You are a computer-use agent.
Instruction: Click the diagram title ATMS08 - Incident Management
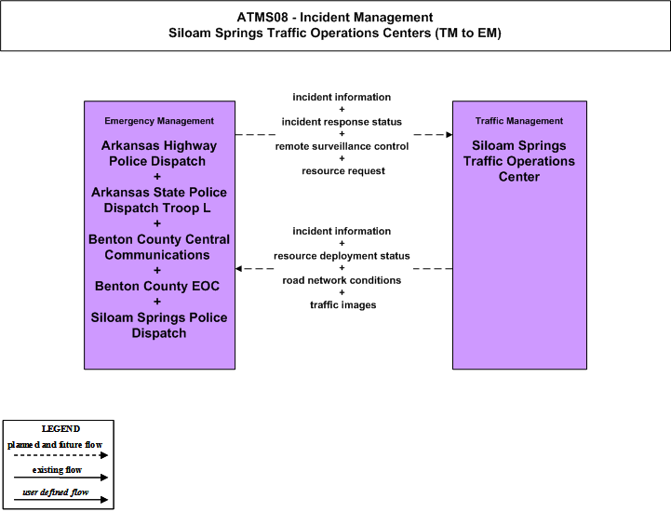[x=335, y=18]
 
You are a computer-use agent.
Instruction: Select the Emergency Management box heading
[x=159, y=121]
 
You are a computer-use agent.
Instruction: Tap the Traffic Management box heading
[x=519, y=121]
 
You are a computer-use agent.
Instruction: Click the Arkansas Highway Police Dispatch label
[x=158, y=154]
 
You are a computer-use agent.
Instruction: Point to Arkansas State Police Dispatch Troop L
[x=159, y=200]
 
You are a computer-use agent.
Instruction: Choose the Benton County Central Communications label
[x=159, y=247]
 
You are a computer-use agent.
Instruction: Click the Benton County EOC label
[x=157, y=286]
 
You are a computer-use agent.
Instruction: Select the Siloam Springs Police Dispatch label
[x=159, y=325]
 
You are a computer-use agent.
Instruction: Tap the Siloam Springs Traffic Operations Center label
[x=519, y=161]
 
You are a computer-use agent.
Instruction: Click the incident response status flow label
[x=342, y=122]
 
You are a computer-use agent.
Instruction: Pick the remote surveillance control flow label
[x=342, y=146]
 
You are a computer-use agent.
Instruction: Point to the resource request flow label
[x=343, y=171]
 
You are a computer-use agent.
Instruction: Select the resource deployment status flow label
[x=342, y=256]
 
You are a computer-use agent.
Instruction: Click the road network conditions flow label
[x=342, y=280]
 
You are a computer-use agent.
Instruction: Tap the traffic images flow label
[x=343, y=305]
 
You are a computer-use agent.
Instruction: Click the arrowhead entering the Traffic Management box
[x=450, y=135]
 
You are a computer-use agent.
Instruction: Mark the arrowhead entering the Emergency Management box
[x=238, y=269]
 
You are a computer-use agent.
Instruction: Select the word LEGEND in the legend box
[x=60, y=429]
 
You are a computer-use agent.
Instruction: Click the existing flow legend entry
[x=57, y=470]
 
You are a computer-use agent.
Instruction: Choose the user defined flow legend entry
[x=55, y=492]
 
